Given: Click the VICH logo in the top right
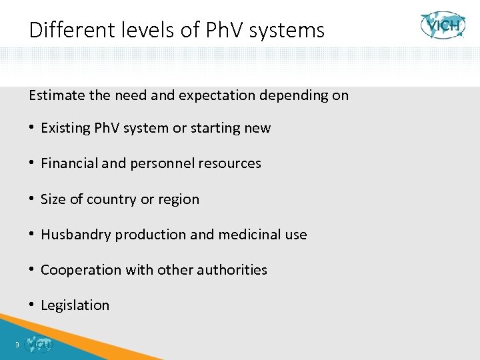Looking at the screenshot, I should pos(442,25).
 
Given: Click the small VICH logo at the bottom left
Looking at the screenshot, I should pos(38,345).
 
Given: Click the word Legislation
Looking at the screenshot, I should pos(75,305).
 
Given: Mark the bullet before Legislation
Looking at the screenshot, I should pos(32,305).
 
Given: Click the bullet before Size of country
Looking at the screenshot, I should pos(32,199).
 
